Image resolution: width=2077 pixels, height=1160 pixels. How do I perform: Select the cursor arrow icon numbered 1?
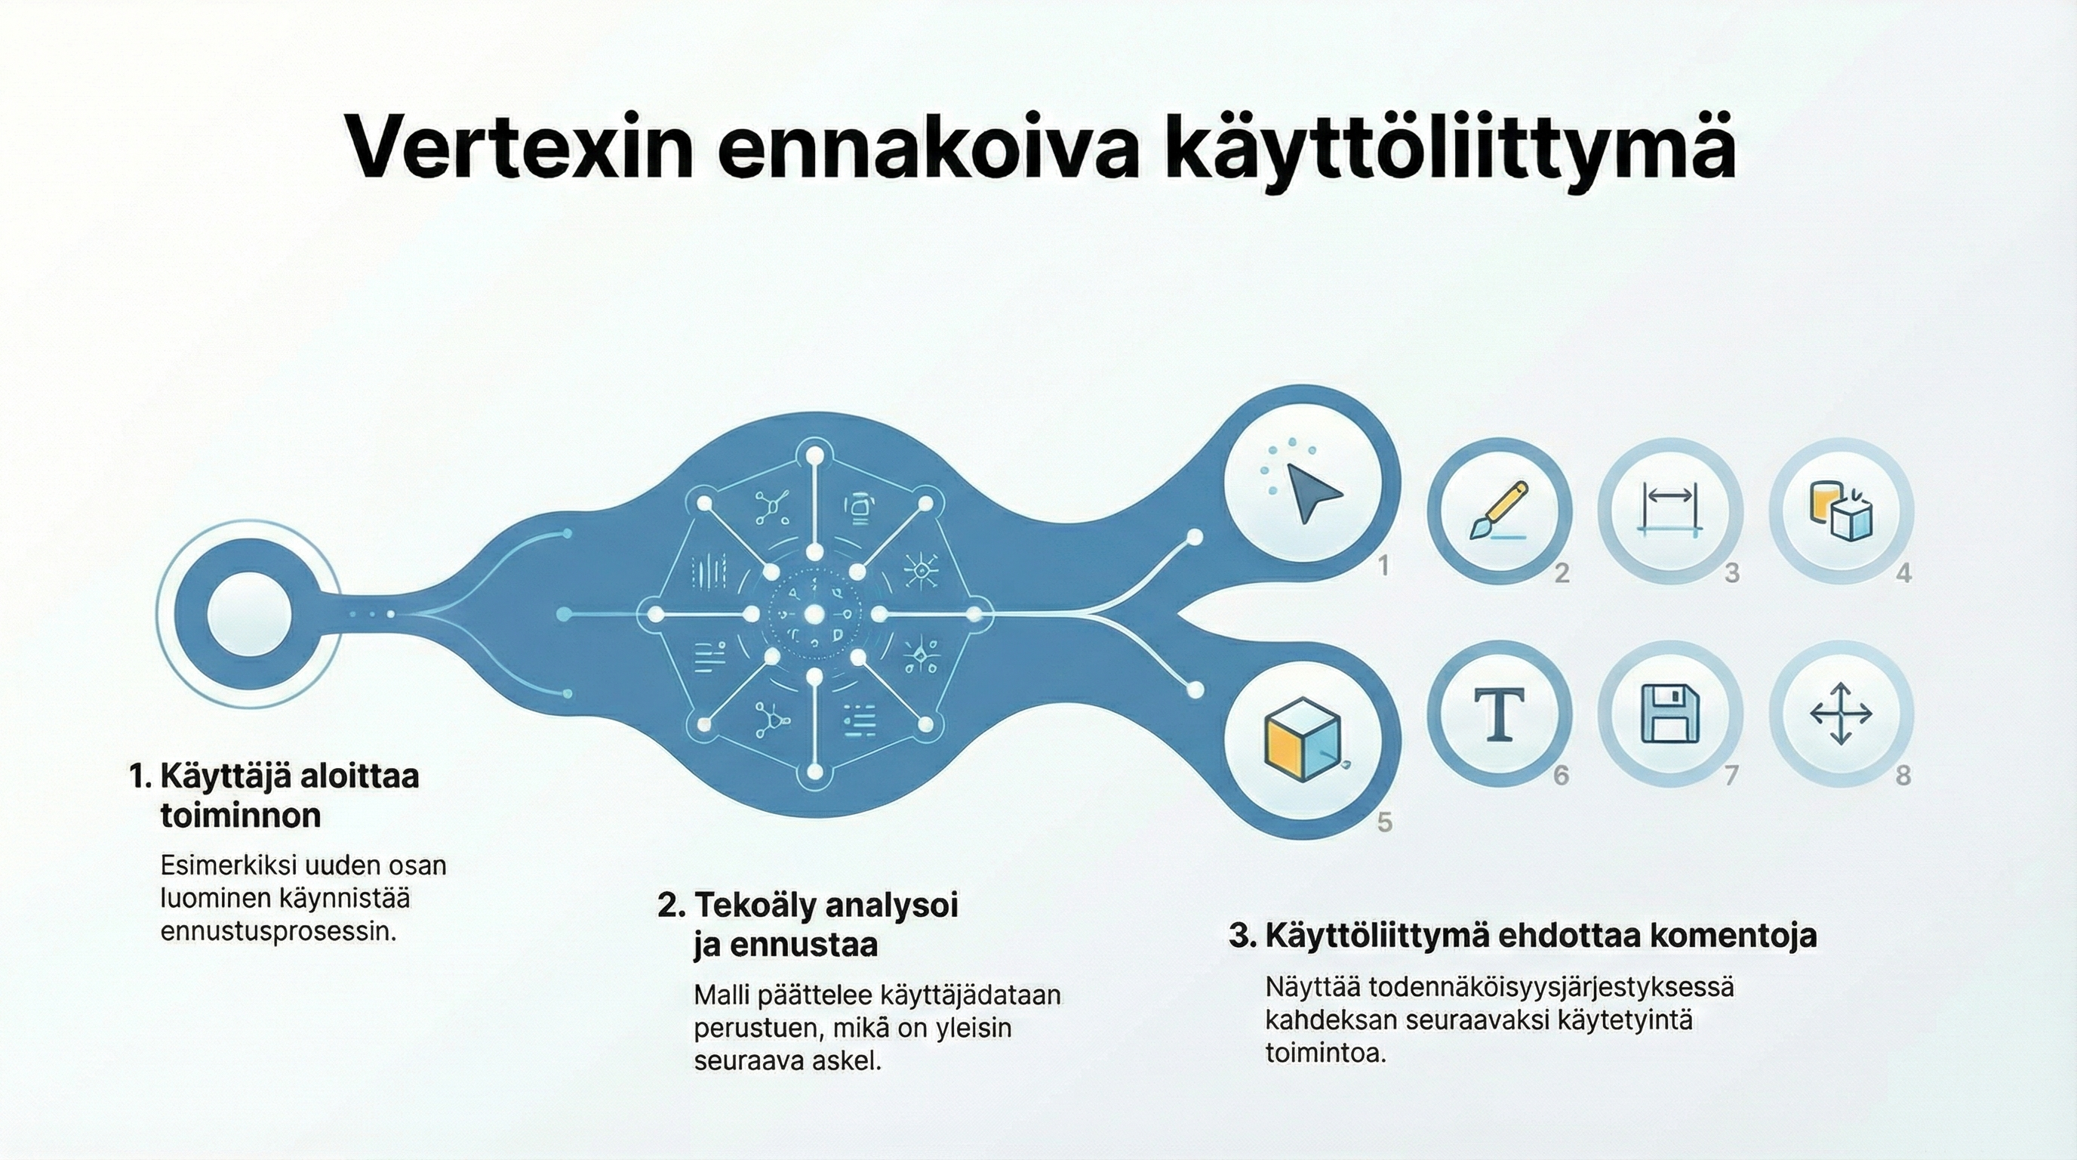1311,492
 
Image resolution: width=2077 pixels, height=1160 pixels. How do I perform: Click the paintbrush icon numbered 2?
1499,511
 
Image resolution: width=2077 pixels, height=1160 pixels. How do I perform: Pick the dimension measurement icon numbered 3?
1669,511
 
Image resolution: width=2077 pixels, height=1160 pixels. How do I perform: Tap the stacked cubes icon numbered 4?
1841,511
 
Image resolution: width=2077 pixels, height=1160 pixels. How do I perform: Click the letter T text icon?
1499,714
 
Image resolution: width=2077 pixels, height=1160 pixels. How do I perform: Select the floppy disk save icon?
1669,714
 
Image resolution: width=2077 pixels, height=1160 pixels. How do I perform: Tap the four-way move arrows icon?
1841,714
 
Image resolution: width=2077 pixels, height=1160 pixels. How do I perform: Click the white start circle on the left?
248,614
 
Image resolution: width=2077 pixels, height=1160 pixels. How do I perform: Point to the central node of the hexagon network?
814,615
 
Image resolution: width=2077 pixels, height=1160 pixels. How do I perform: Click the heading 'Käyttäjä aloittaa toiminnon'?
274,795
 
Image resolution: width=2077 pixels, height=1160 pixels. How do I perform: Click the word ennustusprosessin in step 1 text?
278,932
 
